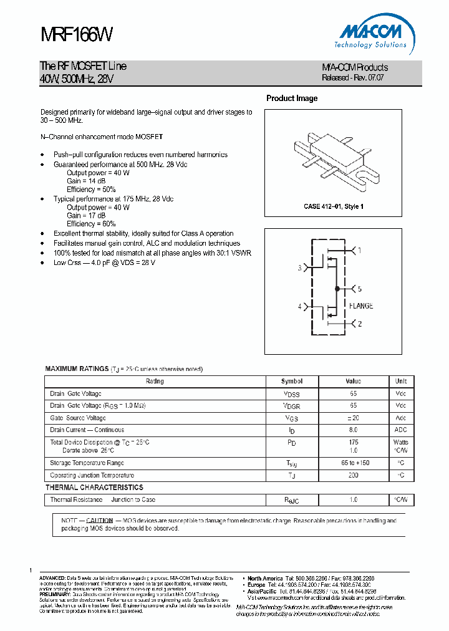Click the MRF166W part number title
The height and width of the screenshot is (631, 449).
pos(76,35)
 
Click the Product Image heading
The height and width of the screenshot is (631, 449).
pos(291,99)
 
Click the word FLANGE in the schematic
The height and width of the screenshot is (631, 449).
pos(361,306)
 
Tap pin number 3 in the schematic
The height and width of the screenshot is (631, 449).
pos(299,268)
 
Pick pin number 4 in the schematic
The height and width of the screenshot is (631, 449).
pos(299,306)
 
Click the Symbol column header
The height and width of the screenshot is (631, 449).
pos(291,382)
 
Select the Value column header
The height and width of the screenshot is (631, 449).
pos(353,382)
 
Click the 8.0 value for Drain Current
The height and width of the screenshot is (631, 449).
pos(353,430)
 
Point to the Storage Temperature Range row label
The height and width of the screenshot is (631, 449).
pos(87,463)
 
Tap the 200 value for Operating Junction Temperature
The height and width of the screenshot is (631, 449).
pos(353,475)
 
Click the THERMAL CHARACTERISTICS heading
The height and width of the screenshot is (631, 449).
pos(94,488)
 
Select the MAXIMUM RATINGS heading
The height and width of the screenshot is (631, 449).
pos(77,369)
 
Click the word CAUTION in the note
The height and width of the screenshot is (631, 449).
pos(99,520)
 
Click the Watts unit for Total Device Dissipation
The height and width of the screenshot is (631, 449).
pos(400,442)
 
